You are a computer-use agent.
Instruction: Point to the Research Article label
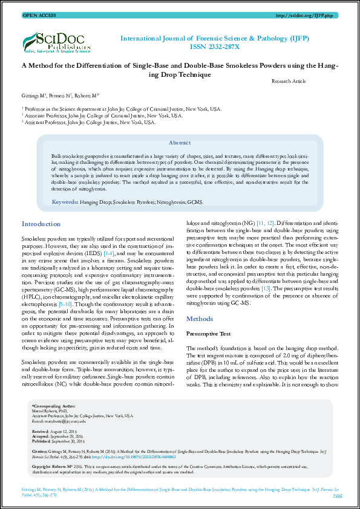289,80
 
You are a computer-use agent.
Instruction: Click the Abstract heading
180,143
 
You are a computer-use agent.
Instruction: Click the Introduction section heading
41,224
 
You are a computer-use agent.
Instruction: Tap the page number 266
337,496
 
